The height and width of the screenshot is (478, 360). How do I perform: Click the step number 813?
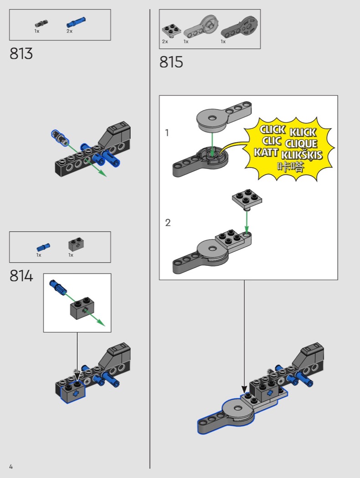(21, 54)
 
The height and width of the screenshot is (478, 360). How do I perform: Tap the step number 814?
(21, 276)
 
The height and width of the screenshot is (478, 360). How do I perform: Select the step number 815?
(171, 62)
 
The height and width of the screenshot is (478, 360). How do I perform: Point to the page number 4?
(11, 467)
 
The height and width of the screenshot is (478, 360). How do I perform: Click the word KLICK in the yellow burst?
(303, 132)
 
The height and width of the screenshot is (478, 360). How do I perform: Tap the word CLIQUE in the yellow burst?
(301, 143)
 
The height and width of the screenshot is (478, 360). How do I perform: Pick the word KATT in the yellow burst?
(266, 152)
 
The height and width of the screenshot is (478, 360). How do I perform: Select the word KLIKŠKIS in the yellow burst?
(301, 155)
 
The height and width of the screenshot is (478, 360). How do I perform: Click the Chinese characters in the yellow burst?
(291, 167)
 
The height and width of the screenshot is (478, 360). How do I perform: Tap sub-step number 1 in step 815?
(167, 133)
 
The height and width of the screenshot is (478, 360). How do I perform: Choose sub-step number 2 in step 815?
(168, 223)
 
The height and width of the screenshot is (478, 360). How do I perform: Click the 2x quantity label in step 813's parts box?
(70, 31)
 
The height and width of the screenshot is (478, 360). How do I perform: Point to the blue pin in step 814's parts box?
(43, 247)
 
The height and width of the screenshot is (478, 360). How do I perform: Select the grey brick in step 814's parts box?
(76, 244)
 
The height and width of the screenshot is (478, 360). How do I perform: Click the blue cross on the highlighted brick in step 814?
(76, 393)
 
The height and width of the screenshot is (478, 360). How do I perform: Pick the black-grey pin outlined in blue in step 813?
(60, 138)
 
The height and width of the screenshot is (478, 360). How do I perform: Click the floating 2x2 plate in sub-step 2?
(247, 199)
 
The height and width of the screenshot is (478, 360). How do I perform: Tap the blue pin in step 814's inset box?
(58, 288)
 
